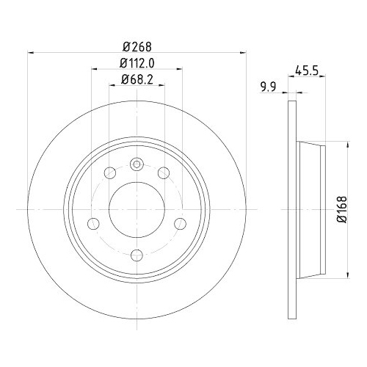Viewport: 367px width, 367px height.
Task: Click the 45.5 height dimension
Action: pos(305,72)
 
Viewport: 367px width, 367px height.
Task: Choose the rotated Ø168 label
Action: pos(343,208)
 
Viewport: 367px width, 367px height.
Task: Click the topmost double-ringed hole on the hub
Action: pos(137,164)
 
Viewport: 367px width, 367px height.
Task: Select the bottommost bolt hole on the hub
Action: pos(137,255)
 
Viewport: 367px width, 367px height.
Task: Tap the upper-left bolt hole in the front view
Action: pos(110,172)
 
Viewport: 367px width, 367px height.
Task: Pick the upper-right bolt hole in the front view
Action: pos(163,172)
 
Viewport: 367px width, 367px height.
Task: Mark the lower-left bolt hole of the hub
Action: pos(93,224)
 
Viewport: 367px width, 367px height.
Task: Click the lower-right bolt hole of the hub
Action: pos(180,224)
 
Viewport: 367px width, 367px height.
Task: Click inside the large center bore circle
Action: pos(137,209)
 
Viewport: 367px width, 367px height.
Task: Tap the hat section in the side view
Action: pos(312,209)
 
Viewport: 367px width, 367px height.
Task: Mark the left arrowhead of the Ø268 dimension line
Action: pos(30,52)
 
